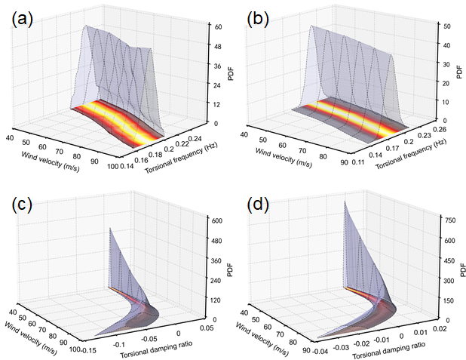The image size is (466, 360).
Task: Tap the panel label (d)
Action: click(x=261, y=205)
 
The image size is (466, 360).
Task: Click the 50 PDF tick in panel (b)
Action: click(x=447, y=26)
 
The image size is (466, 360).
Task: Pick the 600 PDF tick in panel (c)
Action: click(x=217, y=221)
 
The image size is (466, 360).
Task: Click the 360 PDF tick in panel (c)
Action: click(x=217, y=260)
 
